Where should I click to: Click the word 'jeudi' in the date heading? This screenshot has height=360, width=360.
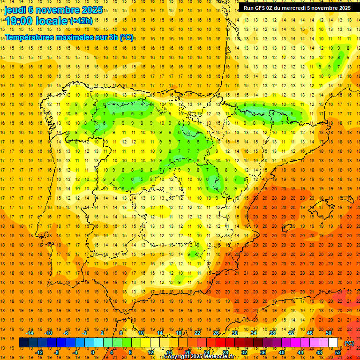coord(15,10)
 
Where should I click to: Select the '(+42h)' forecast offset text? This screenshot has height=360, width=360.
coord(81,21)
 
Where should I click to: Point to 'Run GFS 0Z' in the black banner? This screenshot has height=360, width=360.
coord(259,7)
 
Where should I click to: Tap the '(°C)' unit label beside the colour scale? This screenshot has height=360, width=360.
coord(349,343)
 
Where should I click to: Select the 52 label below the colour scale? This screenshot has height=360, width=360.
coord(338,352)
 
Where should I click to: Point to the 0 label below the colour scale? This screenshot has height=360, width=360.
coord(93,352)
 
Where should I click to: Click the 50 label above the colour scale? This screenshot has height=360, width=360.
coord(328,333)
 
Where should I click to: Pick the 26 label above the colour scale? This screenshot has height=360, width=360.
coord(216,333)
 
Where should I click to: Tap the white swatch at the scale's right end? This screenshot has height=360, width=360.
coord(333,343)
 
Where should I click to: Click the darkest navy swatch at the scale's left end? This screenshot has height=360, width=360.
coord(23,343)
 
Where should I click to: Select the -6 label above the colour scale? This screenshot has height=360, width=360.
coord(66,333)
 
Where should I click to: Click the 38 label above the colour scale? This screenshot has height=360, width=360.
coord(272,333)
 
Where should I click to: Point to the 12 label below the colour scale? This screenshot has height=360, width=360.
coord(150,352)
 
